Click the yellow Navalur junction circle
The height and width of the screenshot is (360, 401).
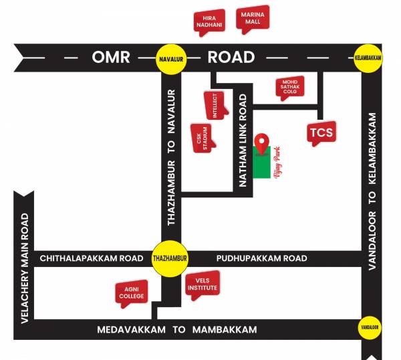170,58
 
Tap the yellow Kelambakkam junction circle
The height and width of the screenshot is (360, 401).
368,58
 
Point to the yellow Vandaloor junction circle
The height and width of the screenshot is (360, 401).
369,328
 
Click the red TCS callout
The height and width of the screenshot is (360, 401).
321,132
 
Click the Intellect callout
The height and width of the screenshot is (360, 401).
215,105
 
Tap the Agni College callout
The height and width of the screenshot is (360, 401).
131,292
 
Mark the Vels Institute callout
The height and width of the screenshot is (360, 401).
203,284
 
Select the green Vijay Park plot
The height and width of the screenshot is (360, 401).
263,164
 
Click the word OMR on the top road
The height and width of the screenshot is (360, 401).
112,58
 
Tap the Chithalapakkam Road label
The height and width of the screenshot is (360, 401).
92,258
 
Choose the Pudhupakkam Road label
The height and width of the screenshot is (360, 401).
262,258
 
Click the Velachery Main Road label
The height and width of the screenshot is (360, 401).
24,268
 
